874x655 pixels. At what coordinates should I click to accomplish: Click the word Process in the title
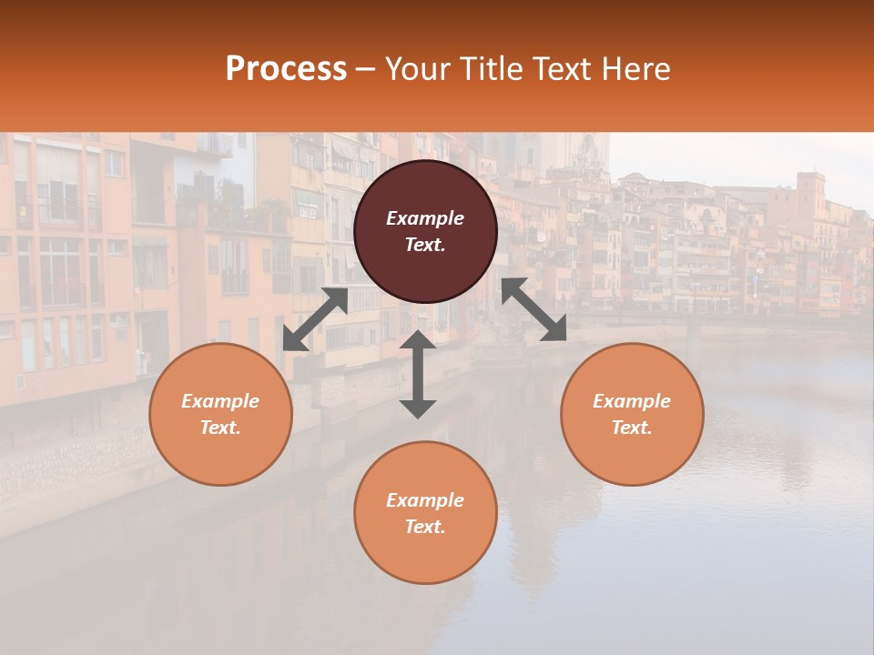point(286,69)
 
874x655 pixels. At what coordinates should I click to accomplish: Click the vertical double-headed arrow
point(418,374)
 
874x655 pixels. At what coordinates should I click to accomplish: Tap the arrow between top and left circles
point(315,319)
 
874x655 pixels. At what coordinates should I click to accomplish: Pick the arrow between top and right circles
point(534,309)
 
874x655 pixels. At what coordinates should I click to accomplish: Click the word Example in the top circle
point(425,218)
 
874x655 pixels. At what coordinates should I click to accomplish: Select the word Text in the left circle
point(219,428)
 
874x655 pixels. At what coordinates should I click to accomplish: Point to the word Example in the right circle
point(632,401)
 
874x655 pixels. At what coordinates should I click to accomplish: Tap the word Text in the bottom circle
point(424,527)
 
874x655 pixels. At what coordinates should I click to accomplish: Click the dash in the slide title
point(366,69)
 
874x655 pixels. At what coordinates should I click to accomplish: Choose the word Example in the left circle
point(220,401)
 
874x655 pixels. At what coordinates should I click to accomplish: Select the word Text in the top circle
point(424,245)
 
